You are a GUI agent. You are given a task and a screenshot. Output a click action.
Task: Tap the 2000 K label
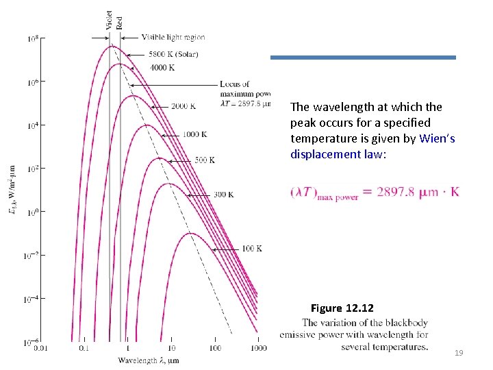183,106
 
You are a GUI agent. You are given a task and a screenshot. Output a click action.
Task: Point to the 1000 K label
194,134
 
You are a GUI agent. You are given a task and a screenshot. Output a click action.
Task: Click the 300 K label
223,195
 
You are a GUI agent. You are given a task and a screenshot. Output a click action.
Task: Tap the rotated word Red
119,21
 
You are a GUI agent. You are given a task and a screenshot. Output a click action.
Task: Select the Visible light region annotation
173,37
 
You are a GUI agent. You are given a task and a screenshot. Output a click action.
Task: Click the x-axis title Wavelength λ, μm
149,360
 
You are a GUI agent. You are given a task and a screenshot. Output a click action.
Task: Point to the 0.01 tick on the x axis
40,349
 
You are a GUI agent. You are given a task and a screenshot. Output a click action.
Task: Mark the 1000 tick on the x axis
258,349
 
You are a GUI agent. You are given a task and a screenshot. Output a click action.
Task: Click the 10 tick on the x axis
171,349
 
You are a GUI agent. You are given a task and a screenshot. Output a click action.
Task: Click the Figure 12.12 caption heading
342,308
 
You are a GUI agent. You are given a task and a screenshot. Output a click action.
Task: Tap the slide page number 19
459,353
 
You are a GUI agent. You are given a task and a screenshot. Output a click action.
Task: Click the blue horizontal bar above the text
363,58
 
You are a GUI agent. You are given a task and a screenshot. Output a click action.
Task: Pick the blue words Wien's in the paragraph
438,138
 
